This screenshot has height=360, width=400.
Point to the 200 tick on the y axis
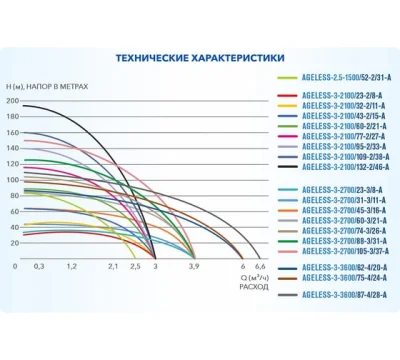12,102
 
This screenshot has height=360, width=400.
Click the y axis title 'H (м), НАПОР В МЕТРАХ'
49,87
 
